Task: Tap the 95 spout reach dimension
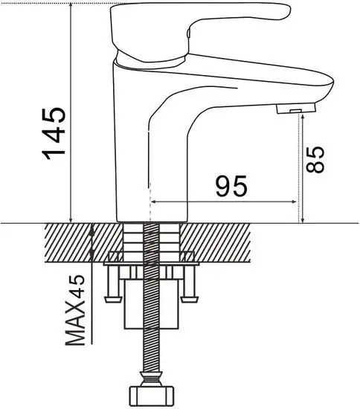coord(231,186)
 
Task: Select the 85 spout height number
coord(318,159)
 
